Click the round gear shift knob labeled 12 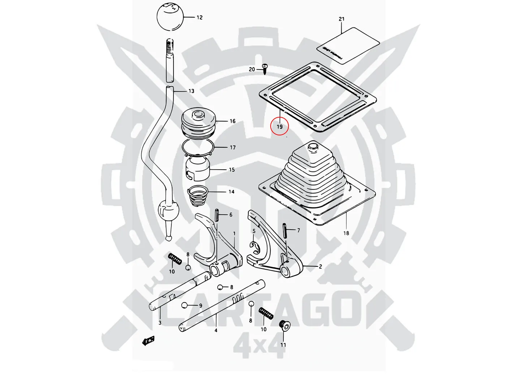tap(170, 17)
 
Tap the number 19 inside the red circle tap(280, 127)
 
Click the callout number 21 tap(342, 19)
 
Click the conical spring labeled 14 tap(198, 197)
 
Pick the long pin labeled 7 tap(286, 230)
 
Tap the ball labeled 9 tap(185, 305)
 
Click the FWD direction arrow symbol tap(149, 340)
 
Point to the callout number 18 tap(346, 233)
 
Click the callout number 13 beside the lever tap(192, 91)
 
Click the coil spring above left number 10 tap(175, 259)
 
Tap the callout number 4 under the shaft tap(216, 330)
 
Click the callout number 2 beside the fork tap(320, 267)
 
